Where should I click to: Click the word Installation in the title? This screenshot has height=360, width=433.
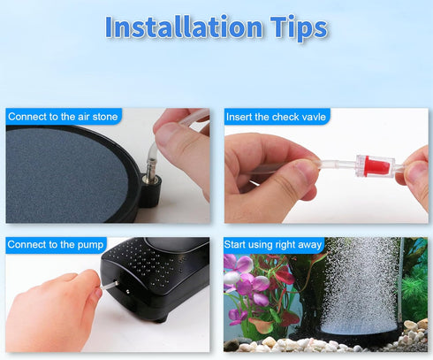point(183,27)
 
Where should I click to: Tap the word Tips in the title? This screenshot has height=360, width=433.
point(299,28)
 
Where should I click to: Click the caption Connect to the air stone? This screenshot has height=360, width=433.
point(63,117)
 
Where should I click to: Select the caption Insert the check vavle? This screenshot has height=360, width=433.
point(276,117)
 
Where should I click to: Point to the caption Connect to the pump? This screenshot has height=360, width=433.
point(56,245)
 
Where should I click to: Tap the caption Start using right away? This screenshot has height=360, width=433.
point(273,245)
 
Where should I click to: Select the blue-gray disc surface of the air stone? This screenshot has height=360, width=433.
point(66,175)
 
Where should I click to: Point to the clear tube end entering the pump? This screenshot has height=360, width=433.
point(109,285)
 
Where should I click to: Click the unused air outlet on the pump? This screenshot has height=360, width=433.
point(127,292)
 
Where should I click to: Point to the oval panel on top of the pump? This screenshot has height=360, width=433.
point(177,243)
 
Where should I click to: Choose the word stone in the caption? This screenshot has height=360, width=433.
point(105,117)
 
